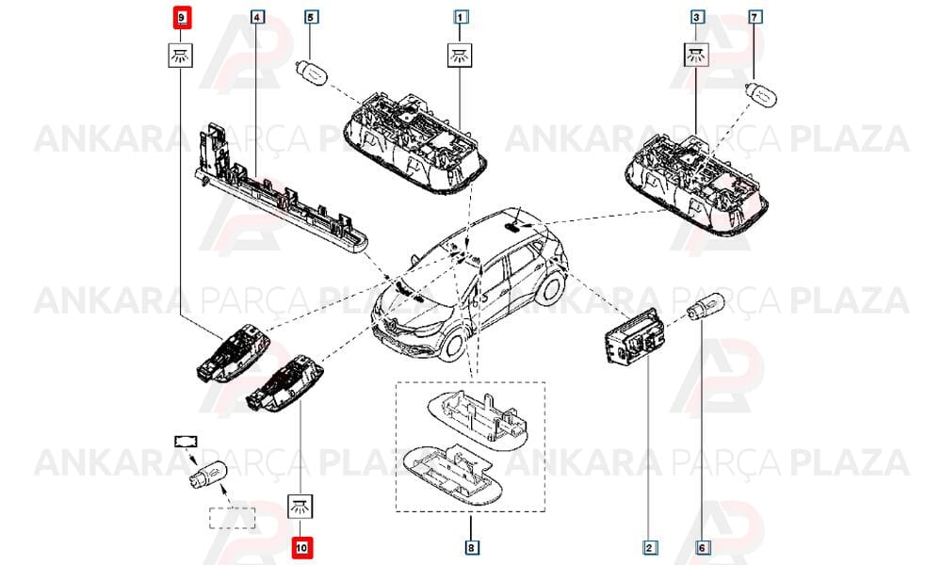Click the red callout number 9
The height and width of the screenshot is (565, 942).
tap(181, 17)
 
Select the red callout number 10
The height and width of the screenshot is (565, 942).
tap(302, 547)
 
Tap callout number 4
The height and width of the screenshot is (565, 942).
tap(256, 17)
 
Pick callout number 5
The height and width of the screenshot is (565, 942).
tap(311, 17)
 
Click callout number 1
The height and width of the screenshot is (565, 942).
tap(461, 17)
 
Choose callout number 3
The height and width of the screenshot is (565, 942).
tap(696, 17)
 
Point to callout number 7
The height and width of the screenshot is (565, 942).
tap(755, 17)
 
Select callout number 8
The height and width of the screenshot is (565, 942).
tap(471, 547)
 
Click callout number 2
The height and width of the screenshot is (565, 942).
tap(649, 547)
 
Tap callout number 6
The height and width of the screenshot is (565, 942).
tap(702, 547)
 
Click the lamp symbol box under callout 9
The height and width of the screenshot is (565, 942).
tap(180, 56)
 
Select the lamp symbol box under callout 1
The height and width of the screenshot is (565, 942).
tap(461, 56)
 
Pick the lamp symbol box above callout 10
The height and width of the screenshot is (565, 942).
tap(301, 507)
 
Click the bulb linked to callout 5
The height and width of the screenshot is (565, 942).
tap(311, 73)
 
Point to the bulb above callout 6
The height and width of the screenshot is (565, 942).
tap(706, 306)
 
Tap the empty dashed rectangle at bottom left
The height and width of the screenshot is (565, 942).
tap(232, 518)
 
